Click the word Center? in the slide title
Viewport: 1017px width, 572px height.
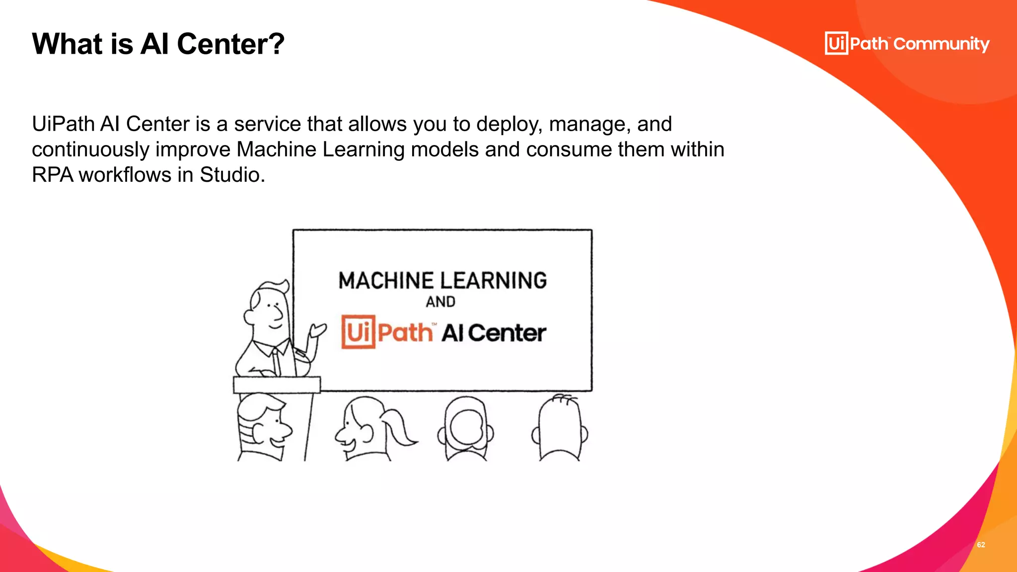coord(230,44)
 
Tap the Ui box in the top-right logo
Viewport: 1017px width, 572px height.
coord(836,43)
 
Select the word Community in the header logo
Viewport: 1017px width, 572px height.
coord(942,44)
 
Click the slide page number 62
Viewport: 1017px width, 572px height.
coord(981,545)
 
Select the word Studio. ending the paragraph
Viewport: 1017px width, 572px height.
coord(232,175)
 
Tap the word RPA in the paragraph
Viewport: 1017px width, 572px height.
coord(52,175)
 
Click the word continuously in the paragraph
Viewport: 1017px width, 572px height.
coord(90,150)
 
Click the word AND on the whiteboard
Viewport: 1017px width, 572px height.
coord(440,302)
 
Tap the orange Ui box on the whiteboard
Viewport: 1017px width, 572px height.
coord(358,332)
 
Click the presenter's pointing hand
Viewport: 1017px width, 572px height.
coord(318,330)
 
